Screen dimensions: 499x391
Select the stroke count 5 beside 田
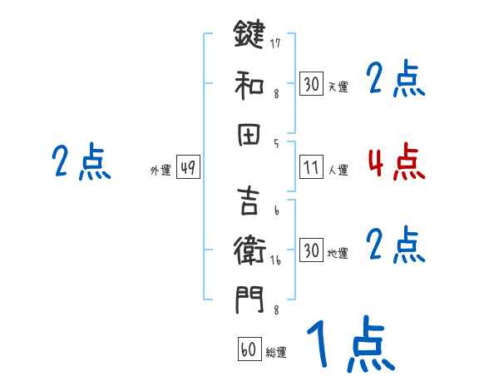point(276,143)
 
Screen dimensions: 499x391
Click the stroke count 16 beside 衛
point(276,260)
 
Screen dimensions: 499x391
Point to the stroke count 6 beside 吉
point(276,210)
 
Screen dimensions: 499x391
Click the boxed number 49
point(187,168)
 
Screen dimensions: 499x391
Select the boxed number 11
point(311,168)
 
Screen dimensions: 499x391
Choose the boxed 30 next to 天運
point(311,84)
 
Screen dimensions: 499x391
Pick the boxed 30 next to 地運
point(311,250)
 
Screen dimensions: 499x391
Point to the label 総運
point(275,353)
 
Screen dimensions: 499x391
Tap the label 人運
point(338,171)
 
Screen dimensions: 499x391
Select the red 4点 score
point(396,163)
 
